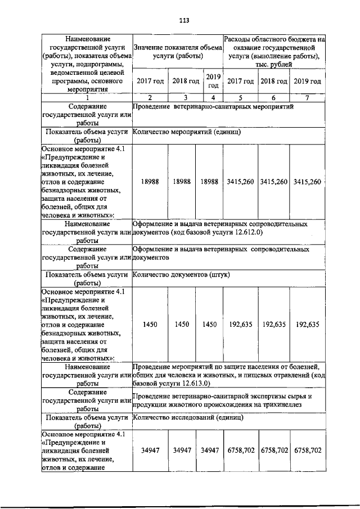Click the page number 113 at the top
(x=184, y=21)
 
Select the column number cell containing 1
(x=87, y=97)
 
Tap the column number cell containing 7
(x=308, y=97)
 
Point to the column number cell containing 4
(x=213, y=97)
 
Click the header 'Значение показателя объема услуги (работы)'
(x=178, y=52)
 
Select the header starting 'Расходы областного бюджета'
(x=274, y=52)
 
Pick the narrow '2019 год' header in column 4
(x=213, y=82)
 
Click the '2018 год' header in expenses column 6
(x=274, y=82)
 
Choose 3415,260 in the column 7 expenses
(x=308, y=182)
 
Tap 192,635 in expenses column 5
(x=241, y=325)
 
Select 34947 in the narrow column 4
(x=209, y=451)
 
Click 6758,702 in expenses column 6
(x=274, y=451)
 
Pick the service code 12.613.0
(x=192, y=383)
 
